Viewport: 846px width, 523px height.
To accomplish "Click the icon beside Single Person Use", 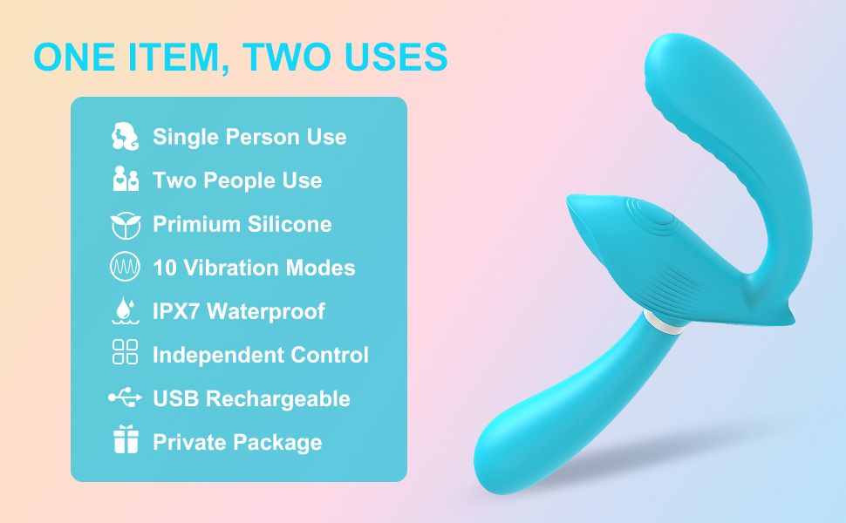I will click(x=126, y=137).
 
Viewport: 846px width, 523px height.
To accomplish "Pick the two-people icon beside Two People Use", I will click(x=126, y=180).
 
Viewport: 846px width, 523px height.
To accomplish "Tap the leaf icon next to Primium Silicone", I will click(x=126, y=224).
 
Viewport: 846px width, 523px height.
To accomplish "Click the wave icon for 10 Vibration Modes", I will click(x=126, y=268).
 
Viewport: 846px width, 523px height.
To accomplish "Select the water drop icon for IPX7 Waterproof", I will click(x=126, y=311).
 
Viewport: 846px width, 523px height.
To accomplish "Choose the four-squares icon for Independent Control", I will click(x=126, y=353).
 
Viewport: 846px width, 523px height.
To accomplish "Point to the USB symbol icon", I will click(x=126, y=398).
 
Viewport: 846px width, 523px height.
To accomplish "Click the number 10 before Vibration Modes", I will click(x=165, y=268).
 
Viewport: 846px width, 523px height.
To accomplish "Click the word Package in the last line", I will click(x=278, y=443).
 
